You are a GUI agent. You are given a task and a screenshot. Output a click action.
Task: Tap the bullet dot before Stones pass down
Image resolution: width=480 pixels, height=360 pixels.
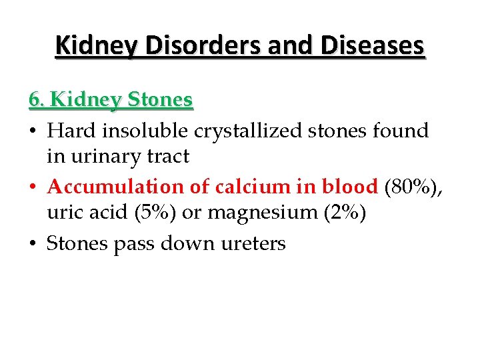[34, 244]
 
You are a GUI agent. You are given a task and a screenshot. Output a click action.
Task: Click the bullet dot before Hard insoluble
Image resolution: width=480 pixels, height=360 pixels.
[34, 131]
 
